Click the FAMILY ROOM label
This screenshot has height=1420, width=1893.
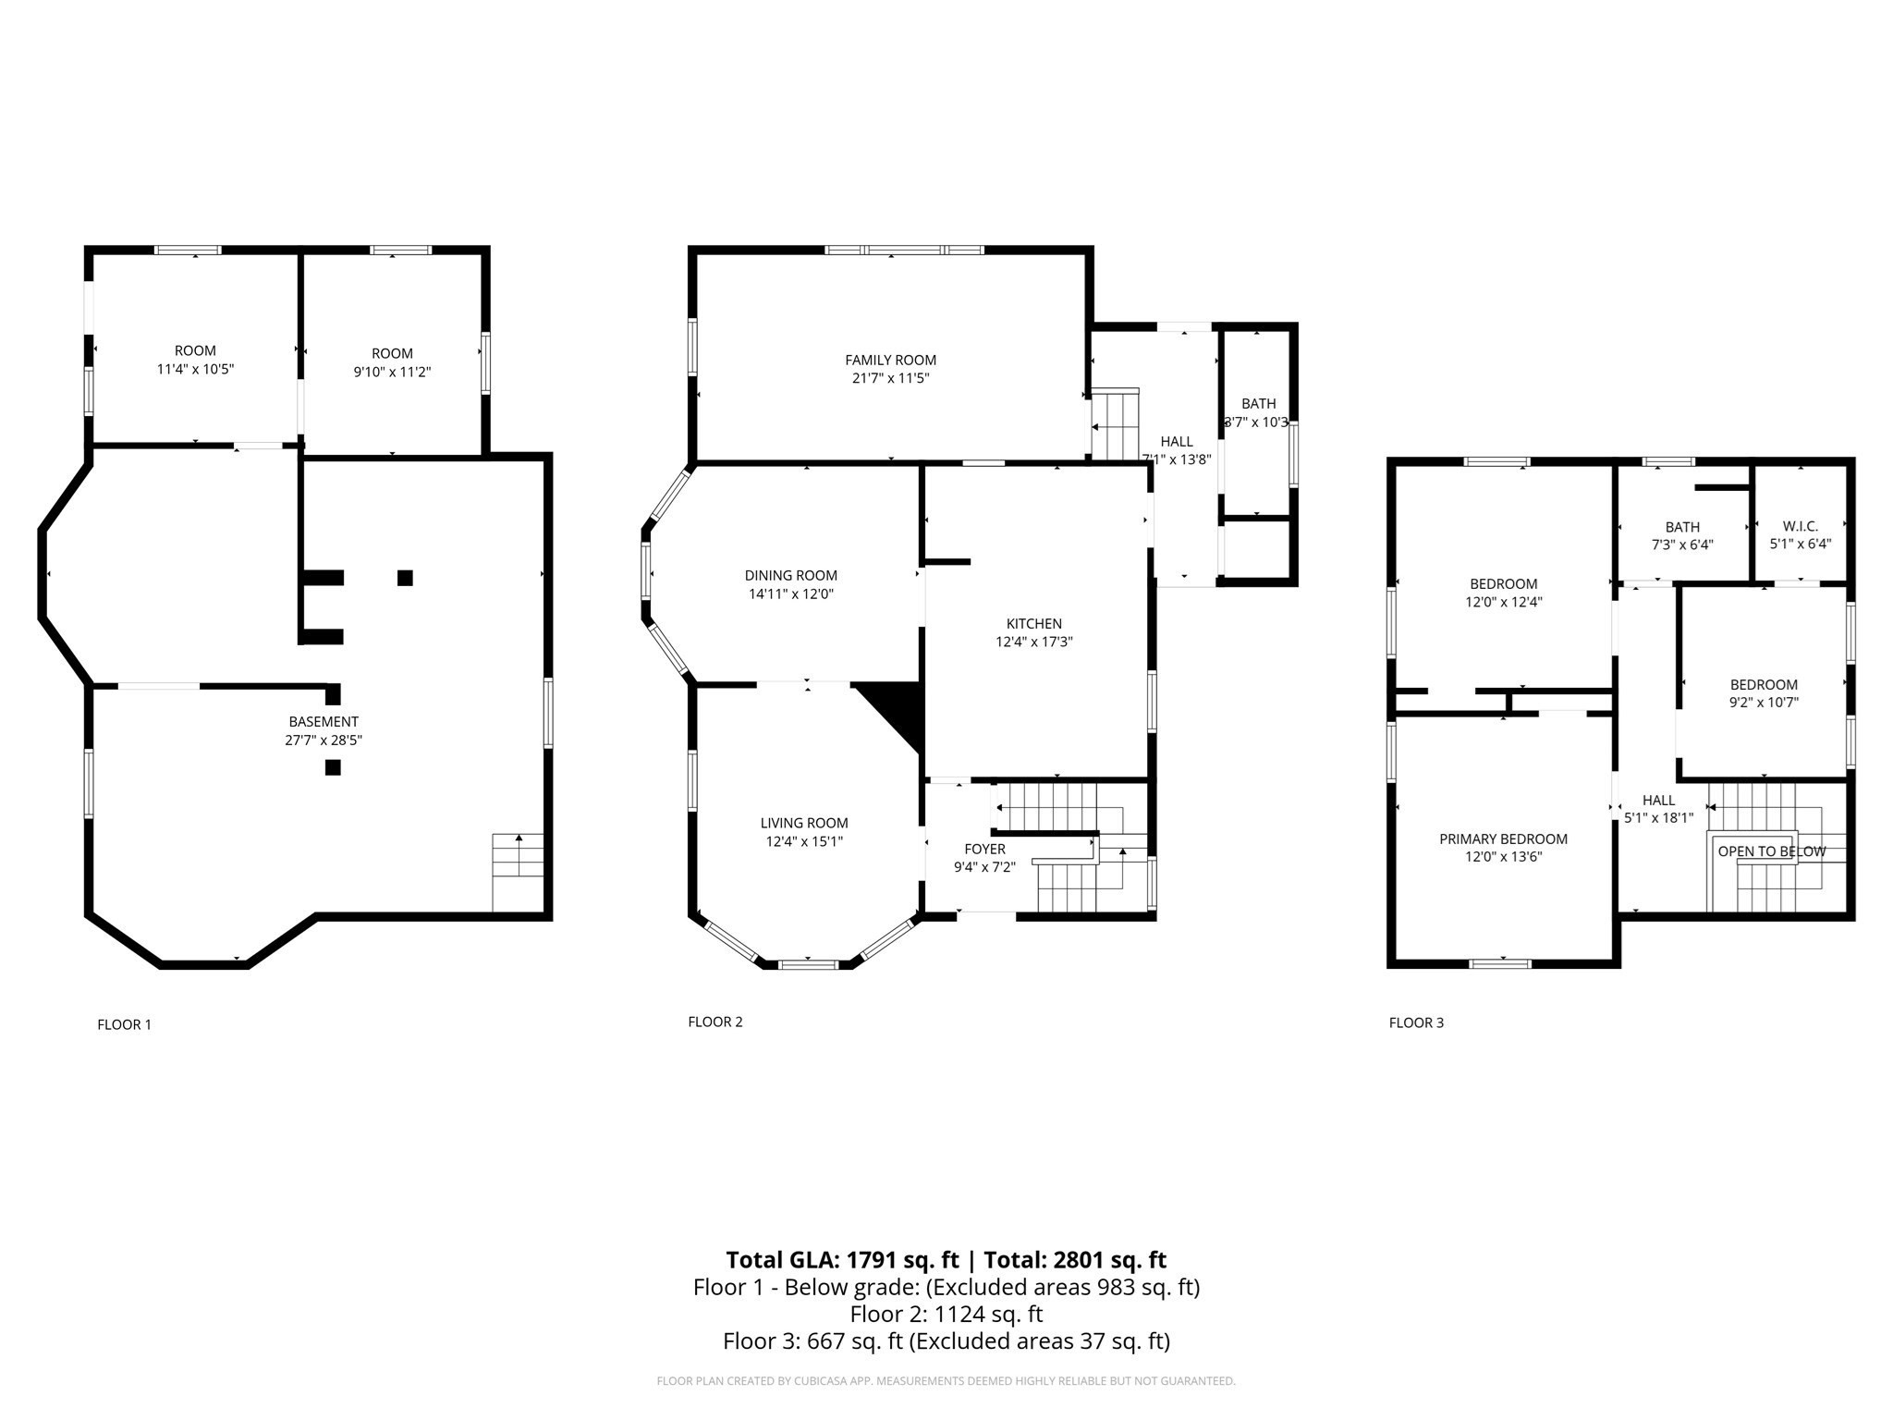pos(890,361)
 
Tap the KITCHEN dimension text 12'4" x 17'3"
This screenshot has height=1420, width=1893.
pos(1033,642)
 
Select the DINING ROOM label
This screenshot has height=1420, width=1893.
pos(791,576)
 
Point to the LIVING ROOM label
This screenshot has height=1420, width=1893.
pos(804,824)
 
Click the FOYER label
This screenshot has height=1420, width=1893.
pos(984,850)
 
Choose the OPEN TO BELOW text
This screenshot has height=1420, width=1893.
pos(1771,851)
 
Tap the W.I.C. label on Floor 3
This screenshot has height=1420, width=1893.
pos(1800,527)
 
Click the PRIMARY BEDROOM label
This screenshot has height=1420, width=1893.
pos(1503,839)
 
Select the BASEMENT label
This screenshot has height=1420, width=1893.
pos(324,722)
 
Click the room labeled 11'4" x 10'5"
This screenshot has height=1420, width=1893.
pos(195,360)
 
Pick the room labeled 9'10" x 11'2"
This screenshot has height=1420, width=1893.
pos(392,362)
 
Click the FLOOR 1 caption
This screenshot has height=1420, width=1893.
pos(124,1024)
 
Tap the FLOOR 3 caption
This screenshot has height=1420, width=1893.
pos(1415,1022)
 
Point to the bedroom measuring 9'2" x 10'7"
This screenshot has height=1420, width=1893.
pos(1764,693)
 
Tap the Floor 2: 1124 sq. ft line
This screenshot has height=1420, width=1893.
pos(946,1314)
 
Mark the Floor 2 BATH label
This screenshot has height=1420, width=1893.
pos(1258,404)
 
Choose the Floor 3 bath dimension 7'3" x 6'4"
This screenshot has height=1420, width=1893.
pos(1682,545)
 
